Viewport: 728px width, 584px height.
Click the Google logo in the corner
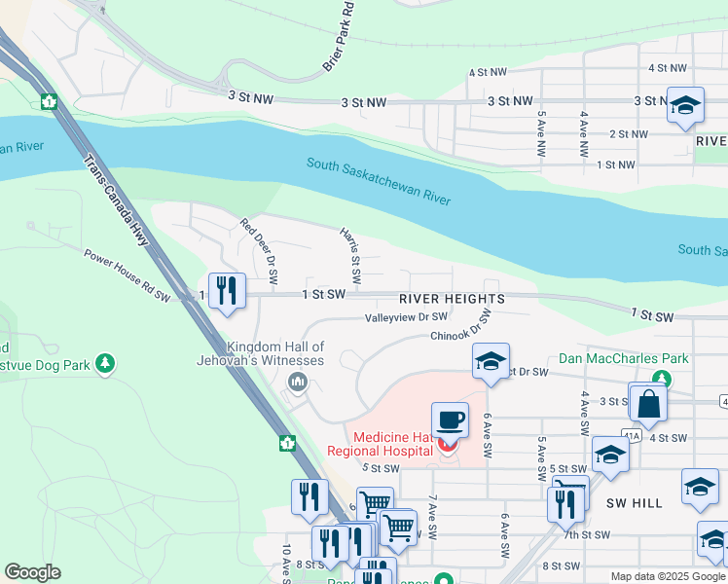[x=32, y=572]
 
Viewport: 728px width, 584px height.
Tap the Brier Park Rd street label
[x=337, y=38]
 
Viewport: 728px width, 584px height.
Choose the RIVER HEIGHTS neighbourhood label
[x=452, y=299]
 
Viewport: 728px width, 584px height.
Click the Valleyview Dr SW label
[x=406, y=317]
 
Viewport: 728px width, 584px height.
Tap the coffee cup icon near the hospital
[x=450, y=420]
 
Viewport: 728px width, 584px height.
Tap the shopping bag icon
[x=648, y=401]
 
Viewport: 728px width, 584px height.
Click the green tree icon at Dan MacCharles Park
[x=662, y=378]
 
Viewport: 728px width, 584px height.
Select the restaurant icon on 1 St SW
[x=227, y=290]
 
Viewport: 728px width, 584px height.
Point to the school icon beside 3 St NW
[x=685, y=105]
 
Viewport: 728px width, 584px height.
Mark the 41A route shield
[x=634, y=438]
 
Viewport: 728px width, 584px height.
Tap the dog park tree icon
[x=105, y=364]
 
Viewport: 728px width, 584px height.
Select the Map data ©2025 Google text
[x=668, y=576]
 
